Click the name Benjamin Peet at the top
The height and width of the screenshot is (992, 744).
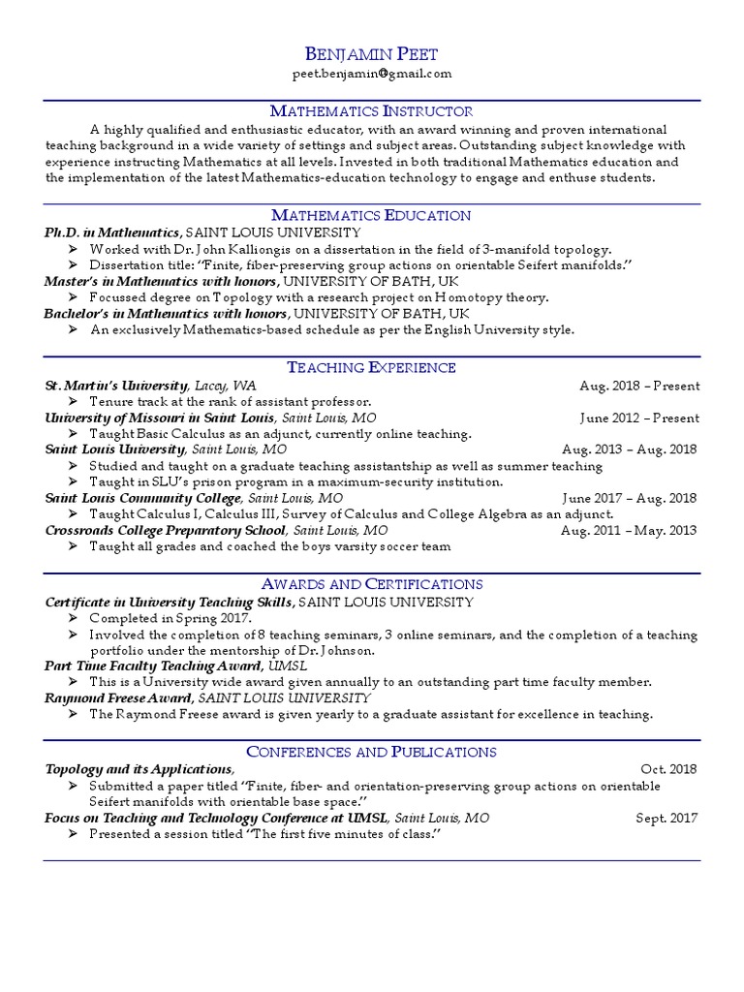371,53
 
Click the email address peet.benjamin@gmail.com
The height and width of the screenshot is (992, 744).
371,74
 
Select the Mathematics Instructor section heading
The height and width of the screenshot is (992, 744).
371,111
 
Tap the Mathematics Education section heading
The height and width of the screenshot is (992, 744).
371,215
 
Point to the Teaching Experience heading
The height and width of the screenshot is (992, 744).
371,367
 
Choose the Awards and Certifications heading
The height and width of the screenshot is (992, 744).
371,584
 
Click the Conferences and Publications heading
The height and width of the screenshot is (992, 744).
371,752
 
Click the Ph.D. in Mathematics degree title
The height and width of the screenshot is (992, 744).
111,232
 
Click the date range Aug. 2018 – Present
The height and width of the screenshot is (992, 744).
639,386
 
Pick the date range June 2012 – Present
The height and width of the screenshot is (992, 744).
639,418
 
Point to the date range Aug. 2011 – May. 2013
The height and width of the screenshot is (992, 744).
629,530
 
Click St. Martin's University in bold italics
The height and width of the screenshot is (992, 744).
116,386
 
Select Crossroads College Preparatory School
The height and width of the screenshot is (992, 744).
165,530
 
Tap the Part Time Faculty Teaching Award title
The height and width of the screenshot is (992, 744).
153,666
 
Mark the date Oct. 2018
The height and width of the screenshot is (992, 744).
668,769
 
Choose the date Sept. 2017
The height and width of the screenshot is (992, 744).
666,818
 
